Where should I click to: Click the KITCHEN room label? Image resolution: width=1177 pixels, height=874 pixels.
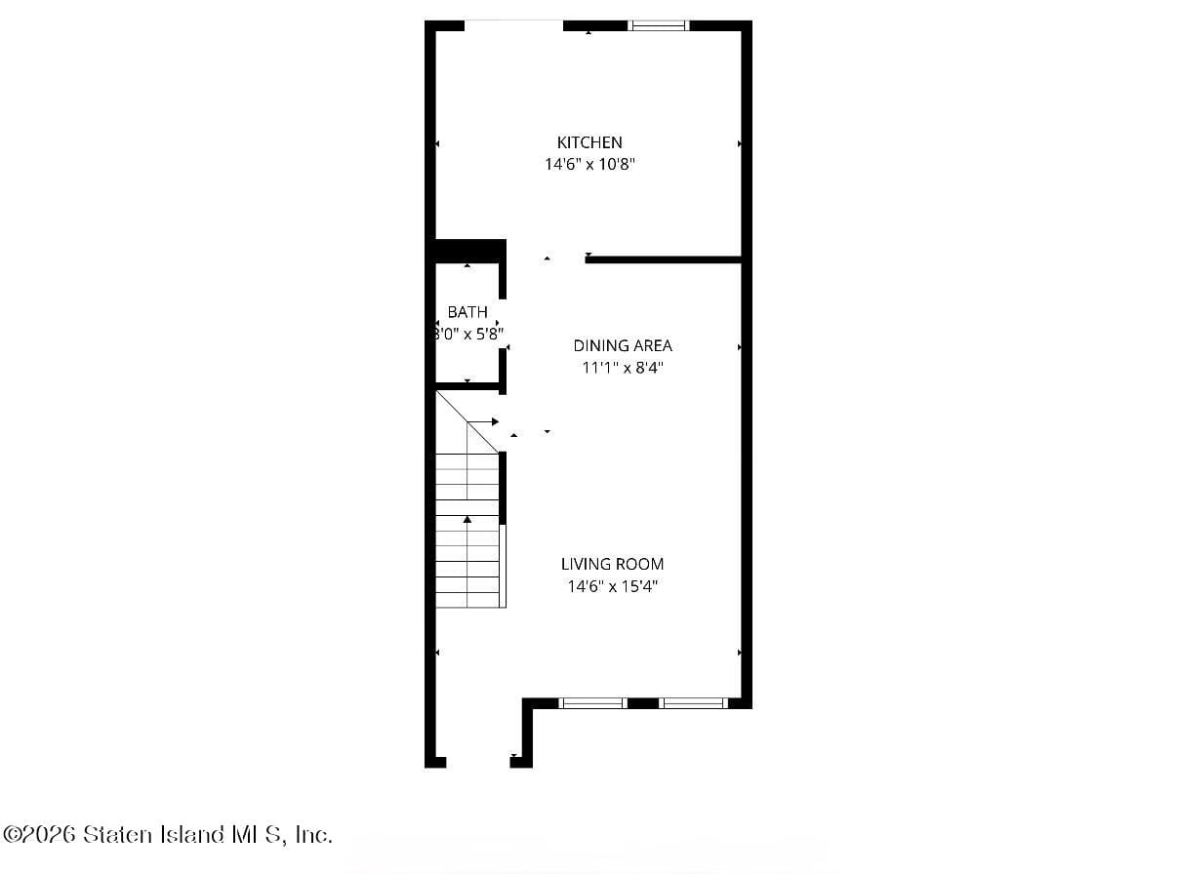pos(589,142)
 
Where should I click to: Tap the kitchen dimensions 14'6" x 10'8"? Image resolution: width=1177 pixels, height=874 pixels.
pos(589,165)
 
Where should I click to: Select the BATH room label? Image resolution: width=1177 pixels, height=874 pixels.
pos(467,312)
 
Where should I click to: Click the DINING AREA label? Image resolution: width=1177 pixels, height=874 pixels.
pos(623,345)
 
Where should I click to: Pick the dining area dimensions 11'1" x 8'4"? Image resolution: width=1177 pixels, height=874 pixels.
pos(623,368)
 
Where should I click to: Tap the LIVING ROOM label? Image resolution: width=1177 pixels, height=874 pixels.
pos(612,564)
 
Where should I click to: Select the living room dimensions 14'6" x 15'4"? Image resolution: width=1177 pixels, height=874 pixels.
pos(612,586)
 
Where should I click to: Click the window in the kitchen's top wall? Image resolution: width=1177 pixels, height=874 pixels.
pos(659,25)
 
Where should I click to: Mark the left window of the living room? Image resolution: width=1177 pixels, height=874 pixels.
pos(592,702)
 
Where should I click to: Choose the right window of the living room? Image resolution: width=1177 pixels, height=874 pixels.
pos(694,702)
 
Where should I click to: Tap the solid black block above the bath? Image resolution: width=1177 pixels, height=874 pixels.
pos(469,250)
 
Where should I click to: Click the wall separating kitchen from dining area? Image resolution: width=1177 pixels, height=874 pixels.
pos(664,259)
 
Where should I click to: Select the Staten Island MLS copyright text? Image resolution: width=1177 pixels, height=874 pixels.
pos(168,835)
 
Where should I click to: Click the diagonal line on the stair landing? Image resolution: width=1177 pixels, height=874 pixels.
pos(467,421)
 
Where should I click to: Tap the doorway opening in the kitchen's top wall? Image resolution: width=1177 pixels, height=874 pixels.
pos(513,23)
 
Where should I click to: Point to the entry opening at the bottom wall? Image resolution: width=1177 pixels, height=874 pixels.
pos(478,762)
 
